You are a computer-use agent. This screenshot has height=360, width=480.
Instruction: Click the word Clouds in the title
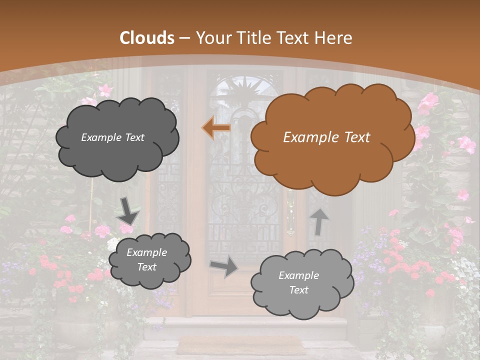[x=147, y=38]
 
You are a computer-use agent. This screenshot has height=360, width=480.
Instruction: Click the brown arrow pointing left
[x=216, y=128]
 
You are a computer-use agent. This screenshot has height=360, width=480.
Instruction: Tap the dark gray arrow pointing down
[x=128, y=211]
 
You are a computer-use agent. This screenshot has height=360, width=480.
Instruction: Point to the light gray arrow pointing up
[x=319, y=221]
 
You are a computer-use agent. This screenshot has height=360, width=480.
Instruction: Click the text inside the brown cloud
[x=326, y=137]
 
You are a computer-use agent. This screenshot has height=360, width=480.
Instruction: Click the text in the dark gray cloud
[x=112, y=137]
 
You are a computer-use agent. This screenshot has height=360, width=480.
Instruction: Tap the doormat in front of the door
[x=240, y=345]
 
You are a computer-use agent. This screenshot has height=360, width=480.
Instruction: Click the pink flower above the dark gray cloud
[x=105, y=90]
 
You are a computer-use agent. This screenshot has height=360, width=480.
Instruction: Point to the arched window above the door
[x=245, y=92]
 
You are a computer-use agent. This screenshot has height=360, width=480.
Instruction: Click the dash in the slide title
[x=184, y=38]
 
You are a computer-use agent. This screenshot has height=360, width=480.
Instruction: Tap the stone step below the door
[x=255, y=327]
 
